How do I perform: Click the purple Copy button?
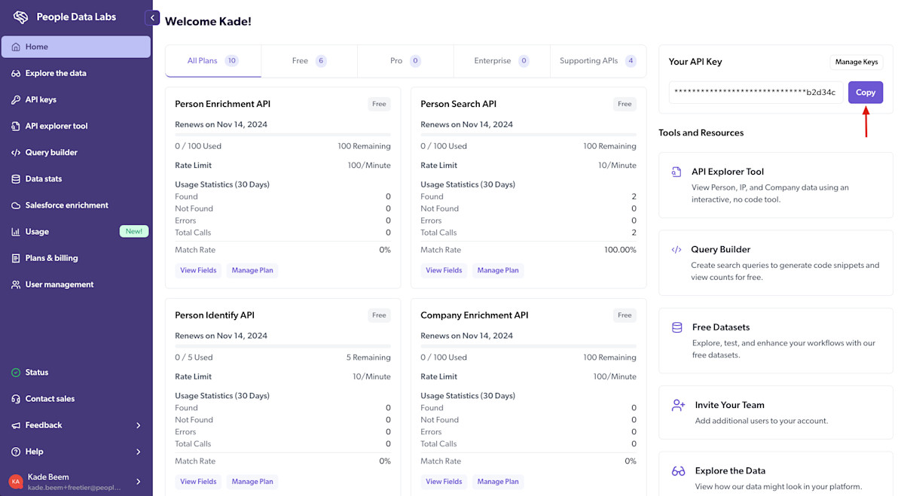point(865,93)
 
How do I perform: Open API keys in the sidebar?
point(41,99)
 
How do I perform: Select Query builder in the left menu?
point(51,152)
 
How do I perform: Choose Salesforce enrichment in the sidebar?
point(66,205)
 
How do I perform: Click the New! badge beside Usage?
point(134,231)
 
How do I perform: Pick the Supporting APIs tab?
point(597,61)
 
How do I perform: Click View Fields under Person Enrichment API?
point(198,270)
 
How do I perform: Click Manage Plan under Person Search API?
point(498,270)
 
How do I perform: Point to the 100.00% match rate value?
point(620,250)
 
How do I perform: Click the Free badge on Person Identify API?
point(379,315)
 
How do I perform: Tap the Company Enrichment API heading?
point(474,315)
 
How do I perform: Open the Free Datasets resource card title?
point(720,327)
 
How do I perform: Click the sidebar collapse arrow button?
point(153,17)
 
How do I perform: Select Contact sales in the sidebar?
point(50,399)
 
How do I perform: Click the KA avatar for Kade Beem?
point(16,482)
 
